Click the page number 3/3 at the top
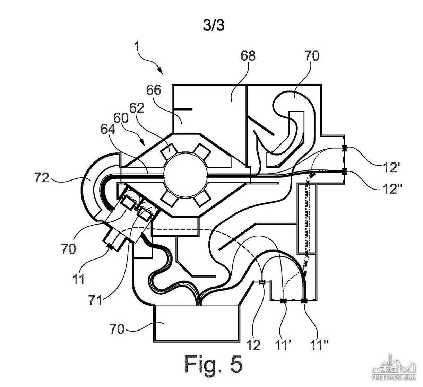pyautogui.click(x=214, y=26)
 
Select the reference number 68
pyautogui.click(x=248, y=56)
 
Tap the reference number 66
pyautogui.click(x=154, y=90)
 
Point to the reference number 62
pyautogui.click(x=137, y=108)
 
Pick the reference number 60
pyautogui.click(x=121, y=118)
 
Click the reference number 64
pyautogui.click(x=108, y=129)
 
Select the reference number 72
pyautogui.click(x=42, y=177)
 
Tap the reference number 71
pyautogui.click(x=95, y=300)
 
